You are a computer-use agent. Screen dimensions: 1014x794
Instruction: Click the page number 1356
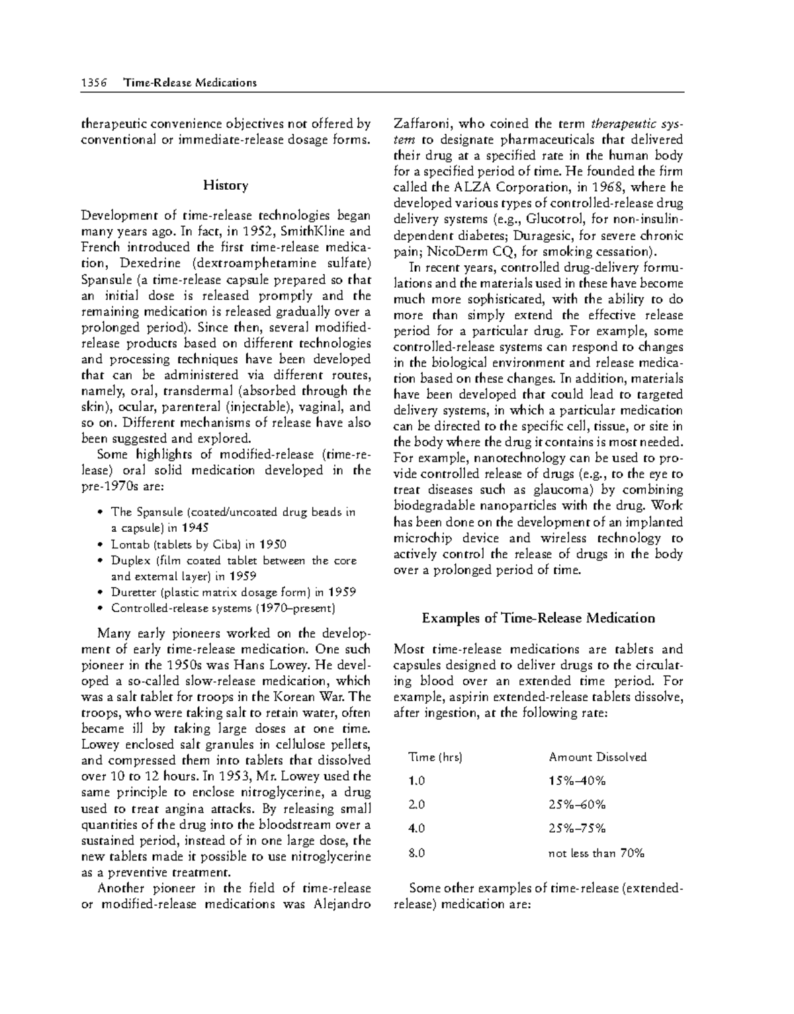(92, 83)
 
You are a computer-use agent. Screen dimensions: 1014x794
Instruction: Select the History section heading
(226, 185)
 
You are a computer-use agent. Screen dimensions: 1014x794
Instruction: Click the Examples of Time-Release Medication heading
(538, 618)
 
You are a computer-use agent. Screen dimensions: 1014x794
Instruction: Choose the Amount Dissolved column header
(597, 757)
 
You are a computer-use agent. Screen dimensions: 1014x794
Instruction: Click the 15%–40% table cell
(577, 781)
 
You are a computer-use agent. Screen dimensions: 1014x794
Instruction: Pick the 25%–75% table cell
(577, 828)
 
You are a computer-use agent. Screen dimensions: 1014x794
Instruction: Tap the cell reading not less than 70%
(596, 853)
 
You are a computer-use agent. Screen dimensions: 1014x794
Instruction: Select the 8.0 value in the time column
(417, 853)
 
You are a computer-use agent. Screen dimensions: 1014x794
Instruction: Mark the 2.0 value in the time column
(417, 804)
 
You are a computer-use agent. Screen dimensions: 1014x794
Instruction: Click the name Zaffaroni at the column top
(423, 124)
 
